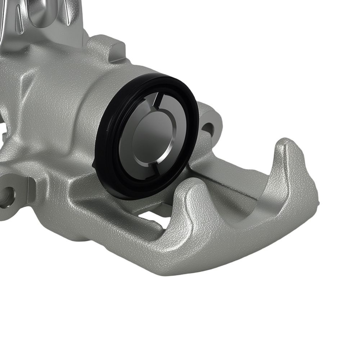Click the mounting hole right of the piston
(x=208, y=127)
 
